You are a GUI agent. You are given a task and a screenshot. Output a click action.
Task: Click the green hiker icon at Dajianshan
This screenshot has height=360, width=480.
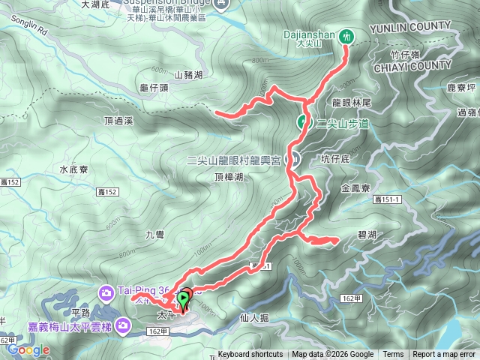346,34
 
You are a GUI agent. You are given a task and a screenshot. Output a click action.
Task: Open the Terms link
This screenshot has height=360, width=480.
393,355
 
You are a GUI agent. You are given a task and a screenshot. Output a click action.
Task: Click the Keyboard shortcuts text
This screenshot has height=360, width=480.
250,355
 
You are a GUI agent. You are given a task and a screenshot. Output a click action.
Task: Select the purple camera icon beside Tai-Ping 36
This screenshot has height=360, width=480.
105,291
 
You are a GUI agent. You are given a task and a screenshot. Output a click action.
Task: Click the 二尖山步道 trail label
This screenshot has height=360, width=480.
342,124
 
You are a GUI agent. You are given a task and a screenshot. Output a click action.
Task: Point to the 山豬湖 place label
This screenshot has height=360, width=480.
188,74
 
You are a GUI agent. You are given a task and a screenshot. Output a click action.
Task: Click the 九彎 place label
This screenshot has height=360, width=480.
154,235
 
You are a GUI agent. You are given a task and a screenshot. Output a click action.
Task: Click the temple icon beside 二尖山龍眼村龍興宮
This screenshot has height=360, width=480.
295,159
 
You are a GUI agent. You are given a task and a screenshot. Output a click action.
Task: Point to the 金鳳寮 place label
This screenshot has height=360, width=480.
355,188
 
